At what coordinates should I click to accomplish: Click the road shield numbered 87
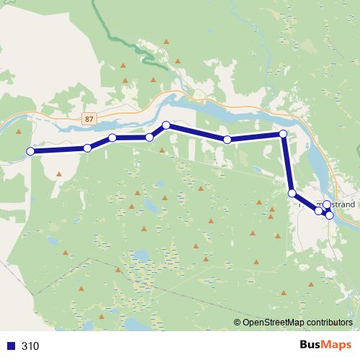(89, 117)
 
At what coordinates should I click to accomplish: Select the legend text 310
(30, 346)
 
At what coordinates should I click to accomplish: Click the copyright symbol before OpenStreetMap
(238, 323)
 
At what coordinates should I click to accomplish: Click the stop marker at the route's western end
(30, 151)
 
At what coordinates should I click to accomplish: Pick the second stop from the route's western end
(87, 148)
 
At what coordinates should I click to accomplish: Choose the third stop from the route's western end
(112, 138)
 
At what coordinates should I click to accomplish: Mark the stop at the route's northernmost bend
(166, 125)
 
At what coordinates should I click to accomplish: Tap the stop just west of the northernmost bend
(150, 137)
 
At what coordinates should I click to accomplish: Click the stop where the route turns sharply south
(283, 134)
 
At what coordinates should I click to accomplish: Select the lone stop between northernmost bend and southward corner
(227, 140)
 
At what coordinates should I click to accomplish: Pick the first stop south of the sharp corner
(292, 193)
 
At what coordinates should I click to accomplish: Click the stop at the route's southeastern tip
(330, 215)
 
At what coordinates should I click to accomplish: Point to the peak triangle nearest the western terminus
(57, 174)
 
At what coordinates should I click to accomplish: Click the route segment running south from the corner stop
(287, 163)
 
